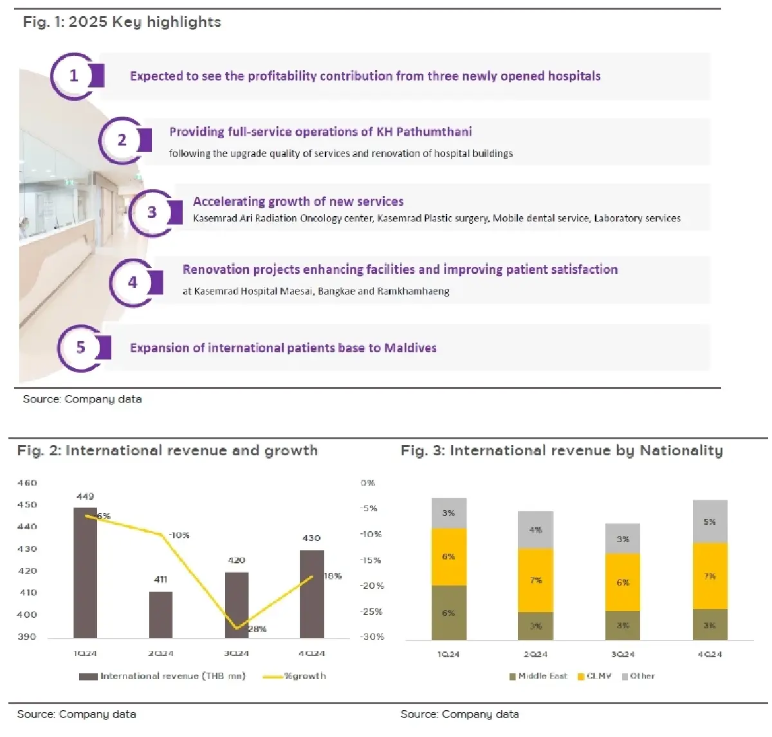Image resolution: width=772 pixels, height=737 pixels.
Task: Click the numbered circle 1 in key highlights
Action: (x=73, y=76)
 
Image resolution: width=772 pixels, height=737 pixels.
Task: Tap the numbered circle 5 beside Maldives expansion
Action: (x=80, y=347)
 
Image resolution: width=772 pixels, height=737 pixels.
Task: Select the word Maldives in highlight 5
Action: (x=410, y=348)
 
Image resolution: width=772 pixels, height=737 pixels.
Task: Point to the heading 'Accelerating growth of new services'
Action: (x=298, y=201)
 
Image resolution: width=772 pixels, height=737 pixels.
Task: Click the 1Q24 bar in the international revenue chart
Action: (x=86, y=572)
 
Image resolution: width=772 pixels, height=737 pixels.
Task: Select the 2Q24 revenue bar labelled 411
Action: (x=161, y=614)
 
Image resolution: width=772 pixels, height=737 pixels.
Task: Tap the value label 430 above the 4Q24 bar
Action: (x=311, y=538)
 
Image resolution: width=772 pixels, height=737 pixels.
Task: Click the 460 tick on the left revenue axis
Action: (x=27, y=483)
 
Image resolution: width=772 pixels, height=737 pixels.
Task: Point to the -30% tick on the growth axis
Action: (x=372, y=637)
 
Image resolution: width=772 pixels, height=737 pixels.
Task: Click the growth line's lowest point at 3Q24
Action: (x=237, y=628)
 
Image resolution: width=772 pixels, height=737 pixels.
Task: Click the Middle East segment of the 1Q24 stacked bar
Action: (x=448, y=612)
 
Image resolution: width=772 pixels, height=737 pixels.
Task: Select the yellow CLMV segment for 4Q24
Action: (x=710, y=576)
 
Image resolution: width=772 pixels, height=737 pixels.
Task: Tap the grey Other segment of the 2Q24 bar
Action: (x=535, y=530)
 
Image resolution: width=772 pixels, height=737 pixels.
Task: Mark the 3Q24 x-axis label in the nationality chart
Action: (x=622, y=654)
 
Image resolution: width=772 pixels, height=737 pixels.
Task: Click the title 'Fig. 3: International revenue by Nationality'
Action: (x=561, y=450)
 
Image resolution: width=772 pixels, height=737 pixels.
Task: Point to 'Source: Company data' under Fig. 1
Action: (x=82, y=399)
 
